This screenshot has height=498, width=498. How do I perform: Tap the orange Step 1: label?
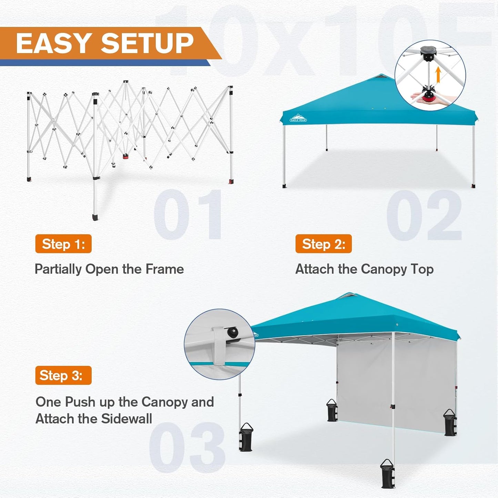pyautogui.click(x=63, y=244)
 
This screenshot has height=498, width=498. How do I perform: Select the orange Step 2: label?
pyautogui.click(x=323, y=244)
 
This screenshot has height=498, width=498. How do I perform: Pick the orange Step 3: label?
pyautogui.click(x=63, y=375)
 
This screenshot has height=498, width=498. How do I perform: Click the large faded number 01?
pyautogui.click(x=188, y=214)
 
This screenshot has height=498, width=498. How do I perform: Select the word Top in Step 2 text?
pyautogui.click(x=422, y=269)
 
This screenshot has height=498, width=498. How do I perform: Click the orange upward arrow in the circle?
pyautogui.click(x=438, y=75)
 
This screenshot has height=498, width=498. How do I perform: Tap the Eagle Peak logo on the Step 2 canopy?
pyautogui.click(x=298, y=119)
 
